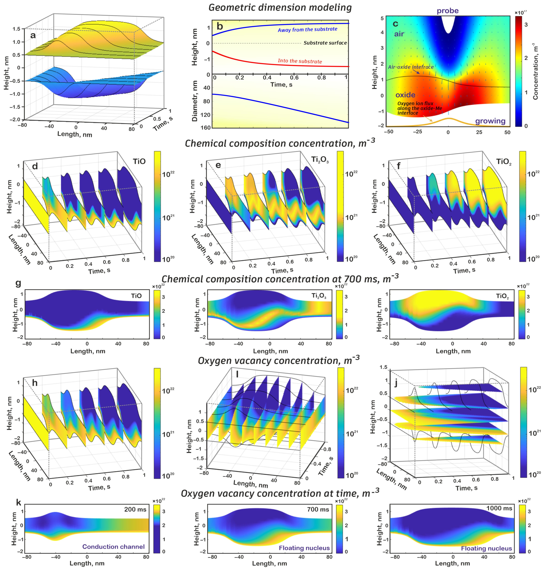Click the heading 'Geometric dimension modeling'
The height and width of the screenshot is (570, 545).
click(280, 8)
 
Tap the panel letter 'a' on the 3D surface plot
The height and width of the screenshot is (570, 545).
click(33, 35)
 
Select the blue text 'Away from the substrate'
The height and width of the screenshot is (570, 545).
click(307, 29)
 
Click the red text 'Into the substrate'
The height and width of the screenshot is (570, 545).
click(300, 61)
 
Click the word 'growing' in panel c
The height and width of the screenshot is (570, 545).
click(490, 121)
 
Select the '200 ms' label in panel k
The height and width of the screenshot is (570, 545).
click(135, 509)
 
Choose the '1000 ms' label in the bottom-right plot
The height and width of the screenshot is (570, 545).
click(499, 508)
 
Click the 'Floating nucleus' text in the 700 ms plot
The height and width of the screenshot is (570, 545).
click(304, 548)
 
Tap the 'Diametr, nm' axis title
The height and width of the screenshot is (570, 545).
click(195, 101)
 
